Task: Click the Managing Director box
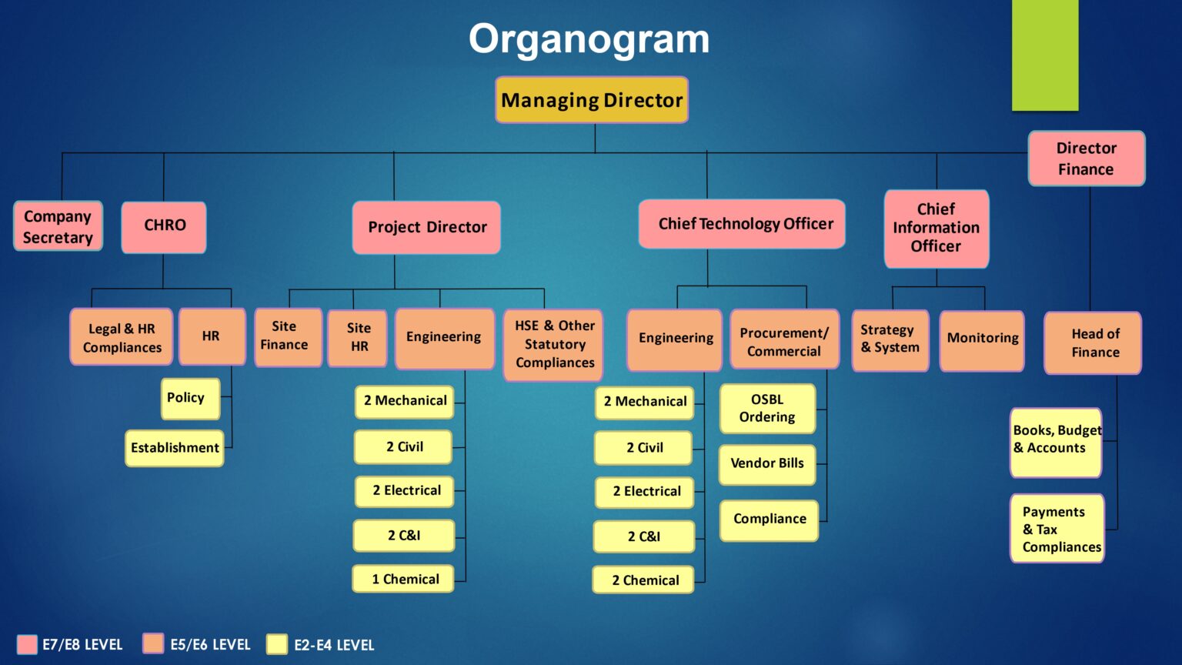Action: pos(591,100)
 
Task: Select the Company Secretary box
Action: pos(58,226)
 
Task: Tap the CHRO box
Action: pos(164,226)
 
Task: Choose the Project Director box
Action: pos(426,227)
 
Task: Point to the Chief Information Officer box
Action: pos(936,228)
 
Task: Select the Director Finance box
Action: pos(1086,159)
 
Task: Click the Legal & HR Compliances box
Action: pos(122,337)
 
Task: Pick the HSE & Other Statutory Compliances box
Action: pos(553,344)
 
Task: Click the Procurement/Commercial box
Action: pos(783,340)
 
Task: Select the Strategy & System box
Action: pos(890,339)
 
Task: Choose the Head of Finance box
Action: pos(1093,343)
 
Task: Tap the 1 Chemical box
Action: pos(404,579)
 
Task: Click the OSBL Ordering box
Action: pos(767,408)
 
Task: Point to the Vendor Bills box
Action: pos(766,463)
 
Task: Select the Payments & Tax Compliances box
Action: pos(1057,529)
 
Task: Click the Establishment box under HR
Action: pos(175,448)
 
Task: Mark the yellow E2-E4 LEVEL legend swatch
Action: pos(276,644)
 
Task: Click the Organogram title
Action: pos(589,38)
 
